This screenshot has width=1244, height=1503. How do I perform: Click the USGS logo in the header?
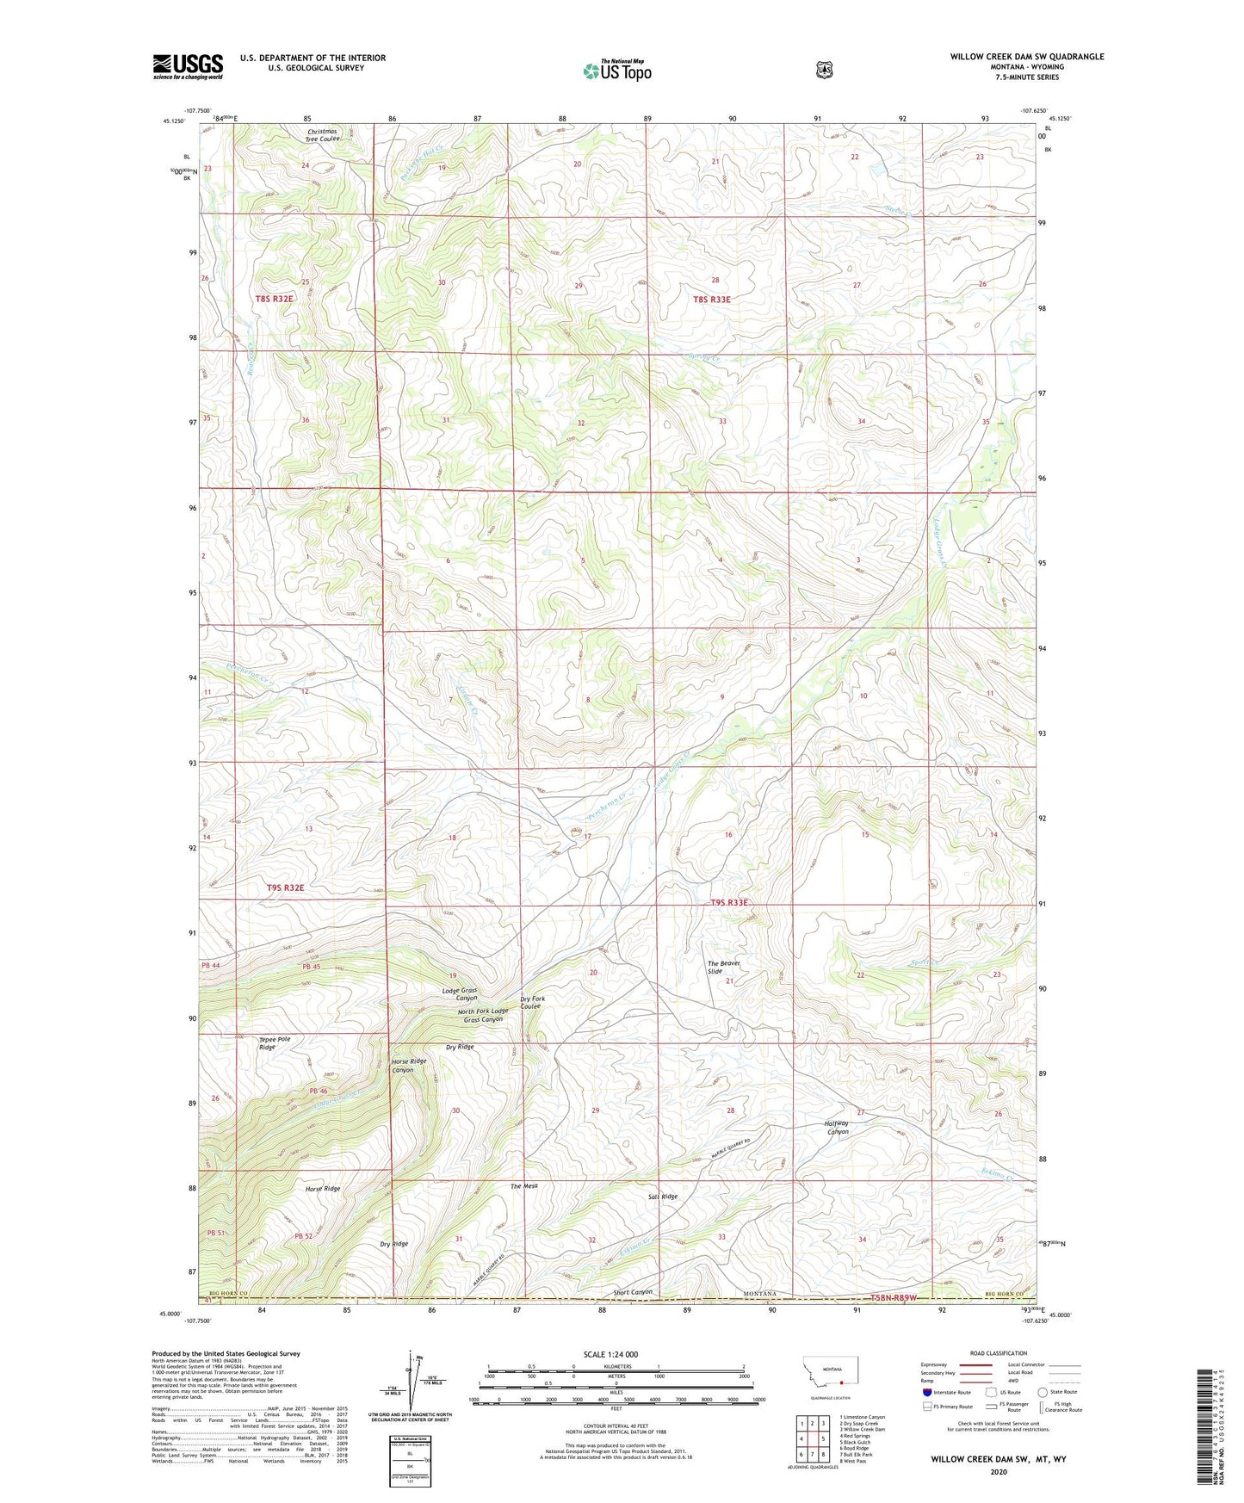tap(188, 66)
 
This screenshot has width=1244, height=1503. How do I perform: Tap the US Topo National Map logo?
tap(616, 70)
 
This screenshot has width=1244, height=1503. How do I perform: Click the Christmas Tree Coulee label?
tap(324, 135)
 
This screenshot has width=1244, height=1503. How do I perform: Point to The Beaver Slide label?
tap(723, 967)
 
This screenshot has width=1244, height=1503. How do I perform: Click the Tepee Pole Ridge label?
tap(274, 1042)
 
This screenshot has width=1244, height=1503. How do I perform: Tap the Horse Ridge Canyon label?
tap(408, 1065)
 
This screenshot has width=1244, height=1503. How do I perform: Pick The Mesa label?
tap(523, 1186)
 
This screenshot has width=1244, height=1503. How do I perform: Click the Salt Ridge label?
tap(663, 1197)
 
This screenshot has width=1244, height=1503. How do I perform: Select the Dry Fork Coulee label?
tap(531, 1002)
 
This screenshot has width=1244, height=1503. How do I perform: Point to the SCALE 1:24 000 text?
tap(610, 1354)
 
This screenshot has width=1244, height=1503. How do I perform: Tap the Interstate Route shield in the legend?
tap(926, 1392)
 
